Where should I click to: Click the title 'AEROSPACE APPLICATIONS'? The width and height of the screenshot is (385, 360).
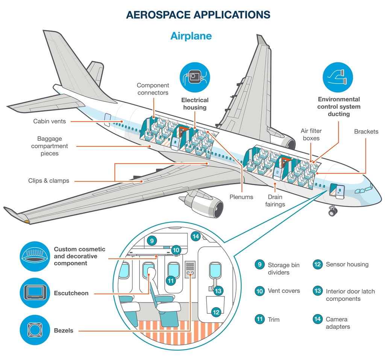(198, 15)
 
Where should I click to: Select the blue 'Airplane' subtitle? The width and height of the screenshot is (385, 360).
(191, 36)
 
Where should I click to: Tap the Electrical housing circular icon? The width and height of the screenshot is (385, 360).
(194, 77)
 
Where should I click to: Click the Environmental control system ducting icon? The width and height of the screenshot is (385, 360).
(338, 77)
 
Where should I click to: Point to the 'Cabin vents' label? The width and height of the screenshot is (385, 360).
(50, 121)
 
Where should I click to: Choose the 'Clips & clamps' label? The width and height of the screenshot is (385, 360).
(49, 181)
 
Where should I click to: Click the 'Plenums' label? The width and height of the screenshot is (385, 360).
(241, 197)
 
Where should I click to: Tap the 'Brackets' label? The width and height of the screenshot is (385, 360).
(366, 132)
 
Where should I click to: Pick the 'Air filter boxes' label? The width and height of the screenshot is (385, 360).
(311, 134)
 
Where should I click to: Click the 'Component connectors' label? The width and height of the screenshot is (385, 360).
(153, 89)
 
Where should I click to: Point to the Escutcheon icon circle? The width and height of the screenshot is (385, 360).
(35, 293)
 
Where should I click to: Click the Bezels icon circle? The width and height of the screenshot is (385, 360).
(35, 330)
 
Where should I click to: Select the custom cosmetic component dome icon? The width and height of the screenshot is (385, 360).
(35, 256)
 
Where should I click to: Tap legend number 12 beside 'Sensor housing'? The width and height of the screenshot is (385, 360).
(318, 264)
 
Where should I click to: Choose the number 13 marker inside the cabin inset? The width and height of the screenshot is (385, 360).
(218, 290)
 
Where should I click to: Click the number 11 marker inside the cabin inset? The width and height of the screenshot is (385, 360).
(171, 280)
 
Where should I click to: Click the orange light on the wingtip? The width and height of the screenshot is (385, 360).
(27, 222)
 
